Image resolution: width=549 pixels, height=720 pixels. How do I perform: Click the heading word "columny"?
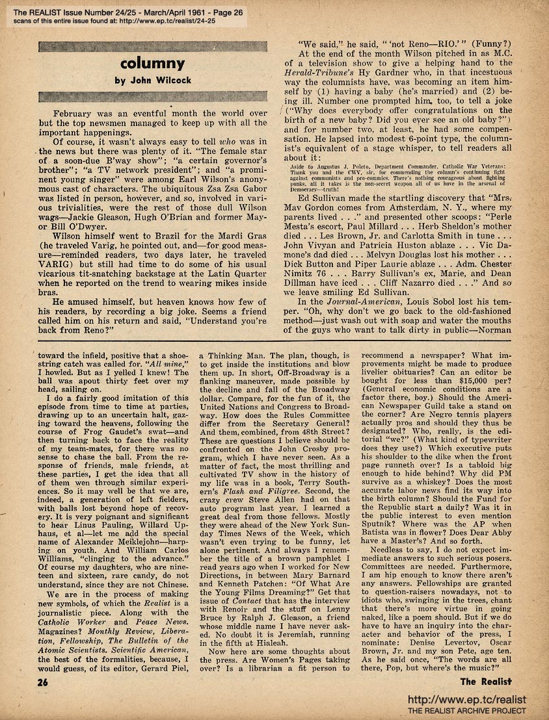tap(151, 64)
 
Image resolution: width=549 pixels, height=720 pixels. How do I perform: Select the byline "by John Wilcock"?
tap(151, 81)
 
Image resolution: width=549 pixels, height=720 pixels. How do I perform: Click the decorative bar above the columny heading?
tap(151, 47)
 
